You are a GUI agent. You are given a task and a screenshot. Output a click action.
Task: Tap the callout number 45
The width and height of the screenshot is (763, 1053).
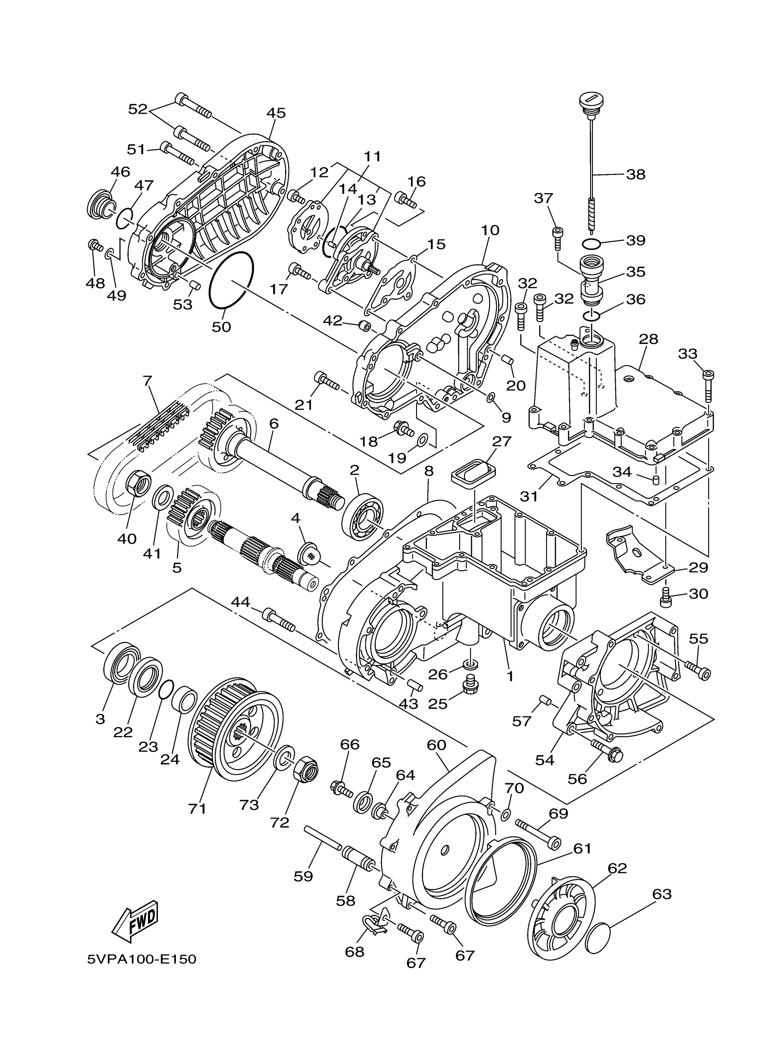(276, 113)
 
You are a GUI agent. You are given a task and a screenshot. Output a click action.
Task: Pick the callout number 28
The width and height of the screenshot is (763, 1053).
(648, 339)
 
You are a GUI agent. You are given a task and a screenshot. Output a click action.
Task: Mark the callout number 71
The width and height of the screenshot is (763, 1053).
(197, 808)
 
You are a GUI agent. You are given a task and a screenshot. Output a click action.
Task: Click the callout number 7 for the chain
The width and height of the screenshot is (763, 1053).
(148, 381)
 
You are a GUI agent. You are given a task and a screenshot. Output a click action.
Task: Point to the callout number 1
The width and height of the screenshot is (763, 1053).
(510, 677)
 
